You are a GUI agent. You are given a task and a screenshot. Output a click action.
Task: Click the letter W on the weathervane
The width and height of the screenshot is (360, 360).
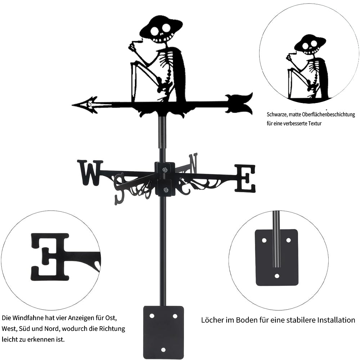pos(90,172)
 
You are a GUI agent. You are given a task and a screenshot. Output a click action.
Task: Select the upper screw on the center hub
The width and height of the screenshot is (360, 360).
pos(165,170)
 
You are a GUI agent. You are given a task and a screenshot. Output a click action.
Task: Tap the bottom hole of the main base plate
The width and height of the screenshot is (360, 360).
pos(163,349)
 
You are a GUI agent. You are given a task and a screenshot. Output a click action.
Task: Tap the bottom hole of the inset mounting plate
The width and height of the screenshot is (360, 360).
pos(276,276)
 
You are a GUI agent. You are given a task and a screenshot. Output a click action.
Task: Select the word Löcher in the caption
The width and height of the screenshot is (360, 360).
pos(212,320)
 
